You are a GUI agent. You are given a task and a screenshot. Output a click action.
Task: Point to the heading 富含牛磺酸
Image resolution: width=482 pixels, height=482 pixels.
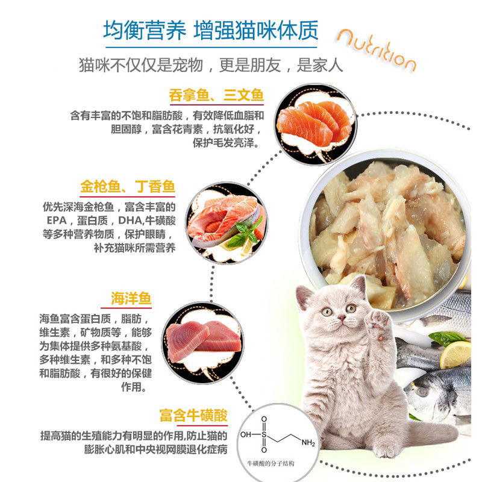click(193, 416)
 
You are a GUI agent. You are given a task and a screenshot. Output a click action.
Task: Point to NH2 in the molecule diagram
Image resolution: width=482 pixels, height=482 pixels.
click(308, 443)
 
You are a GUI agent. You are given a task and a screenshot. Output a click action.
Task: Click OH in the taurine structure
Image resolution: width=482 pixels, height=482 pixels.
click(246, 433)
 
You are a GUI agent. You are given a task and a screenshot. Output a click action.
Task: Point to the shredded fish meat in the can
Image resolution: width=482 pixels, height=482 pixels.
click(392, 223)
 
